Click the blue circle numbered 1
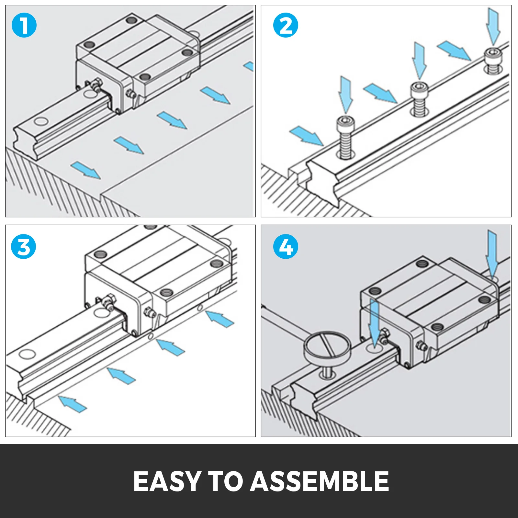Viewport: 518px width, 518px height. pos(24,25)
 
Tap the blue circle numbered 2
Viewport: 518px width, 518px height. pos(286,25)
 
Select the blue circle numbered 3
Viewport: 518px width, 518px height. pos(23,247)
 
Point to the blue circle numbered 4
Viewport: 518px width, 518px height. pos(286,247)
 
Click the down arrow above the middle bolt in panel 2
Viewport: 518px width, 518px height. pos(419,60)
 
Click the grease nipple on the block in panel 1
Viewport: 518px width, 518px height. pos(96,85)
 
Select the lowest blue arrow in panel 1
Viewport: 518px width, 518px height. pos(85,170)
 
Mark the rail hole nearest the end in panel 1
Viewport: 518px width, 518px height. pos(41,122)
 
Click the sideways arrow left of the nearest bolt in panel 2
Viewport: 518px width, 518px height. pos(306,135)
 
